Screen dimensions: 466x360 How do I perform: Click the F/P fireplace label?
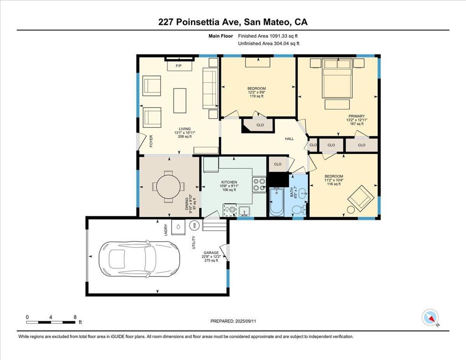[178, 66]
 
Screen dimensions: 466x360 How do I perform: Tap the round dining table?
[168, 187]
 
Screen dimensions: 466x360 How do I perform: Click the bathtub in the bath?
[277, 201]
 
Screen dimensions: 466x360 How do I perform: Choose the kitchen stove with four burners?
[259, 184]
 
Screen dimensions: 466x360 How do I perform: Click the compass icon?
[431, 318]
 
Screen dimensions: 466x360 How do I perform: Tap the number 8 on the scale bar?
[75, 317]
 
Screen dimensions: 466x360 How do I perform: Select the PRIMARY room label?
[357, 116]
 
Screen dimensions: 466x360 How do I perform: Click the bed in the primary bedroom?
[337, 78]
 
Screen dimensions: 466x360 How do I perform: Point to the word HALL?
[289, 138]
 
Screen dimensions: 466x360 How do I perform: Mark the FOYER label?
[151, 142]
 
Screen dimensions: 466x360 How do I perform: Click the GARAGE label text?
[211, 253]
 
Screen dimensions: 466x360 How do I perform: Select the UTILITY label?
[194, 243]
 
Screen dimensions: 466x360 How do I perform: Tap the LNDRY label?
[166, 230]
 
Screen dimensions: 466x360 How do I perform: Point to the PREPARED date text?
[233, 321]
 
